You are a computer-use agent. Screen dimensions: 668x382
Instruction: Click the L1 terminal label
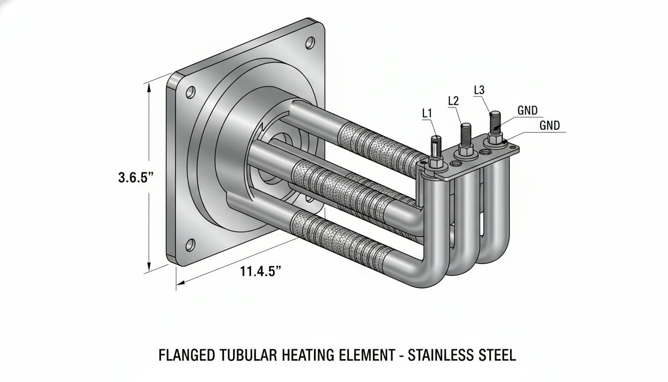[427, 113]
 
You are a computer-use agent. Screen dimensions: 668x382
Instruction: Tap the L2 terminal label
[453, 101]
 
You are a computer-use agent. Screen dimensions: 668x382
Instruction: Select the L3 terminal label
[479, 90]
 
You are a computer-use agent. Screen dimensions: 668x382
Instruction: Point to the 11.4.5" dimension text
[260, 271]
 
